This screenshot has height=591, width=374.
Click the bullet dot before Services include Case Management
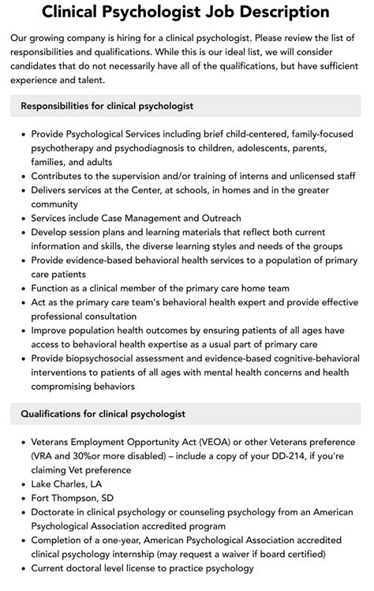tap(24, 218)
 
